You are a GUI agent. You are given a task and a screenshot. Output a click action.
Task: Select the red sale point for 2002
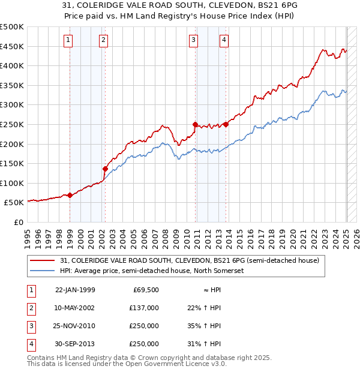click(x=105, y=169)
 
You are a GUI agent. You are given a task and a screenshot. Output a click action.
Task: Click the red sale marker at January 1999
click(x=70, y=195)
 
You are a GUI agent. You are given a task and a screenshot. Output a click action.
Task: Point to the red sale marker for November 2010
click(x=195, y=124)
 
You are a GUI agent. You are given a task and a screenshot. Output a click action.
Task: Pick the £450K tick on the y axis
click(x=12, y=46)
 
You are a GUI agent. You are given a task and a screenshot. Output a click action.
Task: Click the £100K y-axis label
click(x=12, y=183)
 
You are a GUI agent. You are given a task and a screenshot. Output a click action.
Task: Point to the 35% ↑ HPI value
click(x=204, y=326)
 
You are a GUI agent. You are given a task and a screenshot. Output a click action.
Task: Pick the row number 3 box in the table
click(x=29, y=326)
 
